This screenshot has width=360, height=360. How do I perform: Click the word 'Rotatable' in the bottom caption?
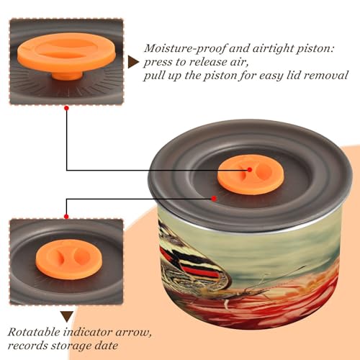[34, 332]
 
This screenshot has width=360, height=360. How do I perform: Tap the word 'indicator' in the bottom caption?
[88, 332]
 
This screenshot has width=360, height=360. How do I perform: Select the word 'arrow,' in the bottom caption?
[134, 333]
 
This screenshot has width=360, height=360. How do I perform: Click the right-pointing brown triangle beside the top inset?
[133, 62]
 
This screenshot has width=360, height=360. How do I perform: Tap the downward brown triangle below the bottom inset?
[67, 317]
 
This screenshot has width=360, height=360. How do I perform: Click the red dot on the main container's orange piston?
[250, 170]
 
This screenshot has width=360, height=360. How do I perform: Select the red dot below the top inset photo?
[67, 108]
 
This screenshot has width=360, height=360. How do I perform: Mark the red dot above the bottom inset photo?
[66, 217]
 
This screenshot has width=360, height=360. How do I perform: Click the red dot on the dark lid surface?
[214, 199]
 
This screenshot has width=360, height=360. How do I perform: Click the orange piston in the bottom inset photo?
[69, 259]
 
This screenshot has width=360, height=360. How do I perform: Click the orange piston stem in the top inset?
[67, 76]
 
